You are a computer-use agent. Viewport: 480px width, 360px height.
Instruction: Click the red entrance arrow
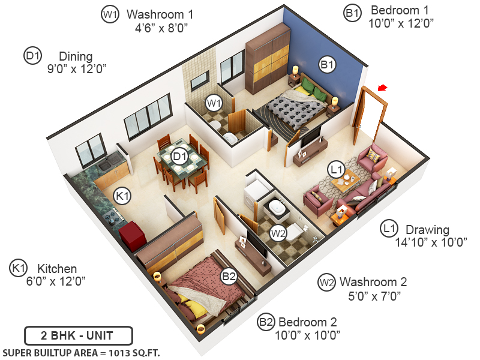(382, 89)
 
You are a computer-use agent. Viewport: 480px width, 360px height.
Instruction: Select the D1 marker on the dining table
(179, 157)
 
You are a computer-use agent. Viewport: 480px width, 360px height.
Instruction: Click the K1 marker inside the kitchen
(123, 195)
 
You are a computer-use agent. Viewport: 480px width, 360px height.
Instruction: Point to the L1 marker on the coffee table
(337, 171)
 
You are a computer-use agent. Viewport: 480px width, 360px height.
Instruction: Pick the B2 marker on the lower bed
(229, 276)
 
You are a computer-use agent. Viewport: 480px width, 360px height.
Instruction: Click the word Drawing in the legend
(427, 229)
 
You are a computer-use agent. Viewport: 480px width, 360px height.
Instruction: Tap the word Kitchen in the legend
(57, 268)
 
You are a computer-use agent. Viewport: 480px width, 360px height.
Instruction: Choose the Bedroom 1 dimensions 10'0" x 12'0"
(401, 23)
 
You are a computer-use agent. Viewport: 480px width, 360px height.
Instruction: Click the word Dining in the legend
(76, 56)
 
